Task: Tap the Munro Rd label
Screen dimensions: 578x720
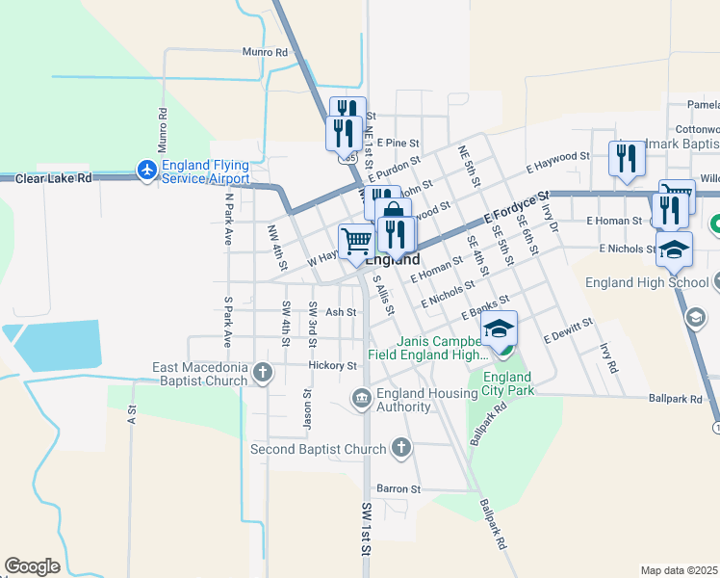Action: pyautogui.click(x=266, y=52)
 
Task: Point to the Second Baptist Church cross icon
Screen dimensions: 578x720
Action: pyautogui.click(x=402, y=448)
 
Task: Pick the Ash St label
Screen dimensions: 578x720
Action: pyautogui.click(x=341, y=312)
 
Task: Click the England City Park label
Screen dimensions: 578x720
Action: pyautogui.click(x=507, y=383)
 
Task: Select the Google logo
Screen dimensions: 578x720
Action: pyautogui.click(x=33, y=566)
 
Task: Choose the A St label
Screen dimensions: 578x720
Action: pyautogui.click(x=132, y=415)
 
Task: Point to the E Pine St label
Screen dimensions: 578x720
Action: pyautogui.click(x=395, y=142)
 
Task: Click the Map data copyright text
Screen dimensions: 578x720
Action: pyautogui.click(x=680, y=570)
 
